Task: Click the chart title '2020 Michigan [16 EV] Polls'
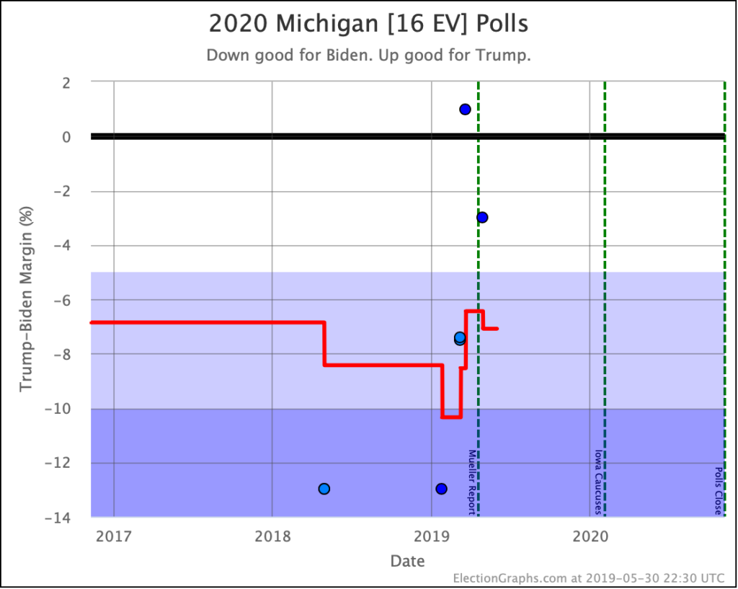[x=368, y=24]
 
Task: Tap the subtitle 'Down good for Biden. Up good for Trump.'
[x=368, y=56]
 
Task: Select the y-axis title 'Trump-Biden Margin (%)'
[x=27, y=300]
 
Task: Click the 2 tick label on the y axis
[x=65, y=83]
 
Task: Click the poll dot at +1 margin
[x=465, y=110]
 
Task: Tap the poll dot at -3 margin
[x=482, y=218]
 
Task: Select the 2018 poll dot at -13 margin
[x=324, y=489]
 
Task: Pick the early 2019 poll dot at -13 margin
[x=441, y=489]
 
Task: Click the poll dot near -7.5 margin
[x=460, y=338]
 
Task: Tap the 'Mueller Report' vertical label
[x=472, y=482]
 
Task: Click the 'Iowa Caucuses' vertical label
[x=597, y=482]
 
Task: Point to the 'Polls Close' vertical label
[x=718, y=490]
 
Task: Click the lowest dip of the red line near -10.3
[x=451, y=417]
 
